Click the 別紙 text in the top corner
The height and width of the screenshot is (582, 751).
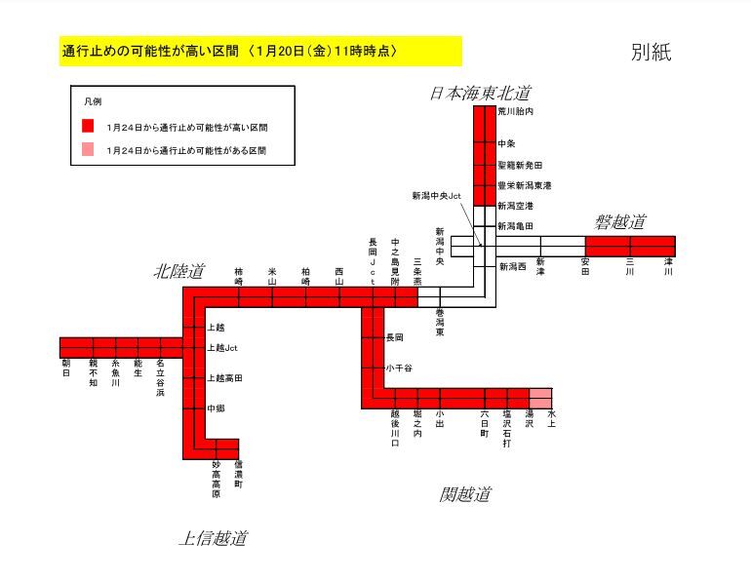click(x=651, y=53)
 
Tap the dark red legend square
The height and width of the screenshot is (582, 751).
click(x=87, y=127)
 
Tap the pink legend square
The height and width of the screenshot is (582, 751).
click(x=87, y=150)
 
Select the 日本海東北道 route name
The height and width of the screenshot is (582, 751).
click(x=480, y=93)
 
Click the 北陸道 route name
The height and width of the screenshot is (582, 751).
click(x=179, y=272)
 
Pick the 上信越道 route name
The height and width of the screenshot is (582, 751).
click(x=213, y=537)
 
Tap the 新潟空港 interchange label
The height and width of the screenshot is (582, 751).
click(x=515, y=206)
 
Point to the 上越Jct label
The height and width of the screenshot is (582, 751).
click(x=222, y=347)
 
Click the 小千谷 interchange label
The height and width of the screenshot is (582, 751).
click(x=399, y=368)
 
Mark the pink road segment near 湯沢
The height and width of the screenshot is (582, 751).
click(x=540, y=398)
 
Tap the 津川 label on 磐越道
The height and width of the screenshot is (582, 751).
click(x=668, y=265)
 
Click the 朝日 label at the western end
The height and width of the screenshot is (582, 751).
click(x=66, y=368)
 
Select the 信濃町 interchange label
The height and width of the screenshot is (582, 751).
click(x=238, y=471)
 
